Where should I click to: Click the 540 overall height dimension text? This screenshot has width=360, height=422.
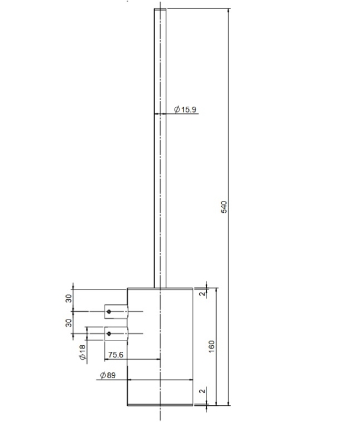[x=224, y=207]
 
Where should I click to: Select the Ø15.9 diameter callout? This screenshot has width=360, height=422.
[x=185, y=110]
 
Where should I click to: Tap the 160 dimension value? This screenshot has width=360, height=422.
[x=212, y=346]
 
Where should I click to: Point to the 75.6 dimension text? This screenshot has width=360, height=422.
[x=116, y=355]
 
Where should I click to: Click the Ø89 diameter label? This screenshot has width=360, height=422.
[x=108, y=375]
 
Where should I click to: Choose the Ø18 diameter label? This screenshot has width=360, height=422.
[x=82, y=352]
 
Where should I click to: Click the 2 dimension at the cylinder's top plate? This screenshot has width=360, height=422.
[x=203, y=293]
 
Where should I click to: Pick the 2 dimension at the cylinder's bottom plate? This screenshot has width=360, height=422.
[x=203, y=390]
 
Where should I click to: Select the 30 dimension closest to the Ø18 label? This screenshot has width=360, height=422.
[x=69, y=322]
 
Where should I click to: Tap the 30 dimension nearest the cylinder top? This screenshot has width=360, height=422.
[x=69, y=299]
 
